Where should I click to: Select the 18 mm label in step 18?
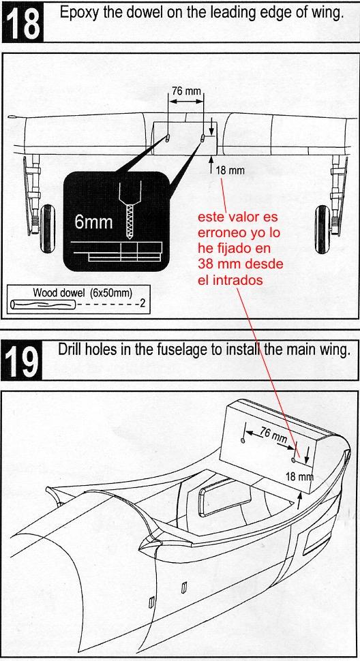pyautogui.click(x=230, y=171)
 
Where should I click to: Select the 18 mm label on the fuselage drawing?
pyautogui.click(x=300, y=477)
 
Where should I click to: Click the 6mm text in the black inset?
pyautogui.click(x=93, y=221)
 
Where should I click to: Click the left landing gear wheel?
pyautogui.click(x=48, y=229)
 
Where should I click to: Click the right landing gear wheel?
pyautogui.click(x=322, y=229)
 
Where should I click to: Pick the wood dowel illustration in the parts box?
pyautogui.click(x=42, y=305)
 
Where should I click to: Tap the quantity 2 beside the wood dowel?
pyautogui.click(x=142, y=303)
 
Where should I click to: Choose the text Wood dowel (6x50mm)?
pyautogui.click(x=82, y=292)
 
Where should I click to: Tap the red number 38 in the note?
pyautogui.click(x=207, y=264)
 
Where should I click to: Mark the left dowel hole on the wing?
pyautogui.click(x=168, y=138)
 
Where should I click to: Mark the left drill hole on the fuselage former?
pyautogui.click(x=243, y=440)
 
